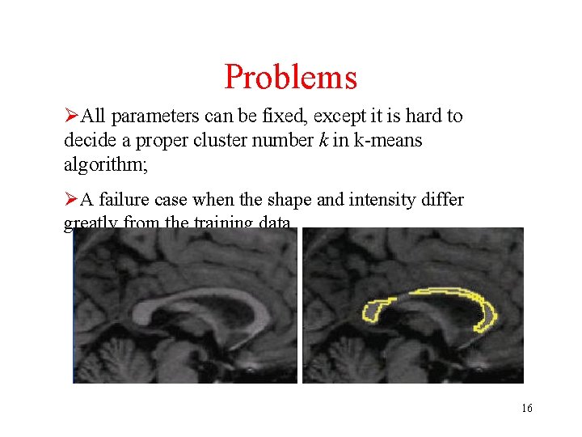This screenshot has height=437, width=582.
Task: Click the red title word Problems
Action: [290, 77]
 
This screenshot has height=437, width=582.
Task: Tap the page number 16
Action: [526, 408]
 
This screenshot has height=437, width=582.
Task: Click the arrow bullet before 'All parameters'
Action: [71, 117]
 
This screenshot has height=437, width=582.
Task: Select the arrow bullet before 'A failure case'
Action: [71, 199]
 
